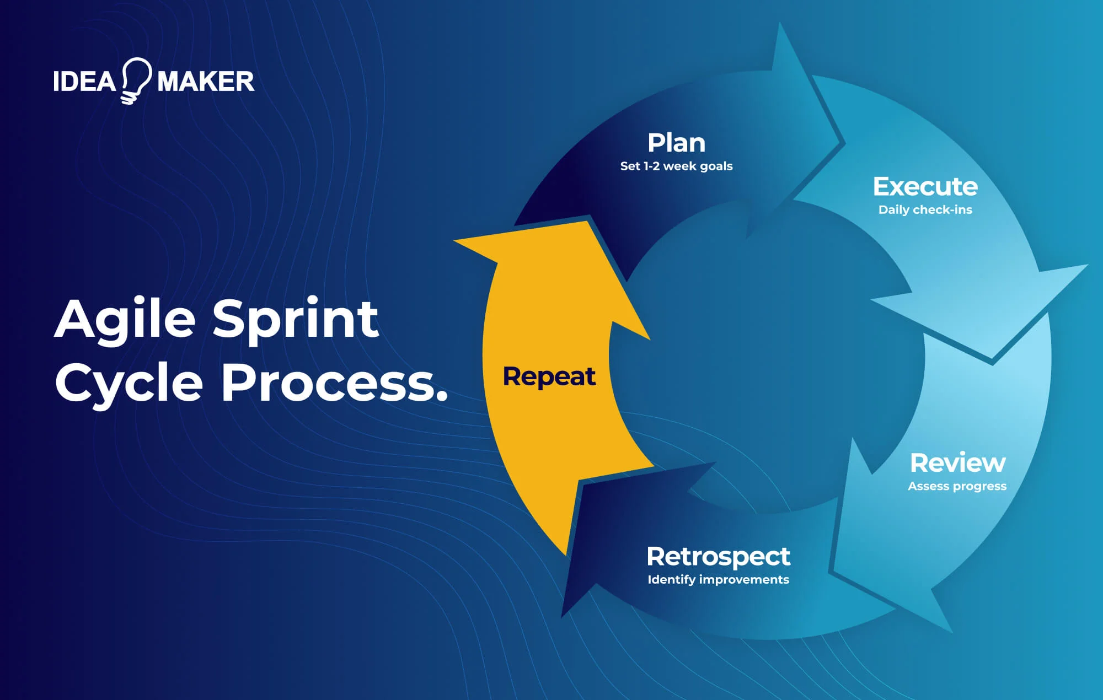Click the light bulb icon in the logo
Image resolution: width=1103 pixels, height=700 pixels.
point(136,80)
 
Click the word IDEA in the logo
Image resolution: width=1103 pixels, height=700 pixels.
point(84,82)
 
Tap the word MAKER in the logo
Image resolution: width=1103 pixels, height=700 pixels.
point(205,82)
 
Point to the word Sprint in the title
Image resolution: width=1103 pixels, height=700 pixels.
point(296,320)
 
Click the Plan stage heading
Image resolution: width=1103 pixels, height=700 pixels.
point(676,143)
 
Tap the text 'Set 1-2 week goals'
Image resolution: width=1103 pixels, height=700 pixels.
point(676,166)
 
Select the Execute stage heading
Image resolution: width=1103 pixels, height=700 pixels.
point(925,187)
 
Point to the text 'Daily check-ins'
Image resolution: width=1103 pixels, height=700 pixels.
point(925,209)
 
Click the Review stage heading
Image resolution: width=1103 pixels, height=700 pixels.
point(957,463)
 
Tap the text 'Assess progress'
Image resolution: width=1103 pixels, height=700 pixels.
point(957,486)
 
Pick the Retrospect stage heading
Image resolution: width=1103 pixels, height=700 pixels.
point(718,557)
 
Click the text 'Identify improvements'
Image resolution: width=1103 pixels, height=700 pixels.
point(718,579)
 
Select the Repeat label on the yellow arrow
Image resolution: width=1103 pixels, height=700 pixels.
point(549,376)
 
